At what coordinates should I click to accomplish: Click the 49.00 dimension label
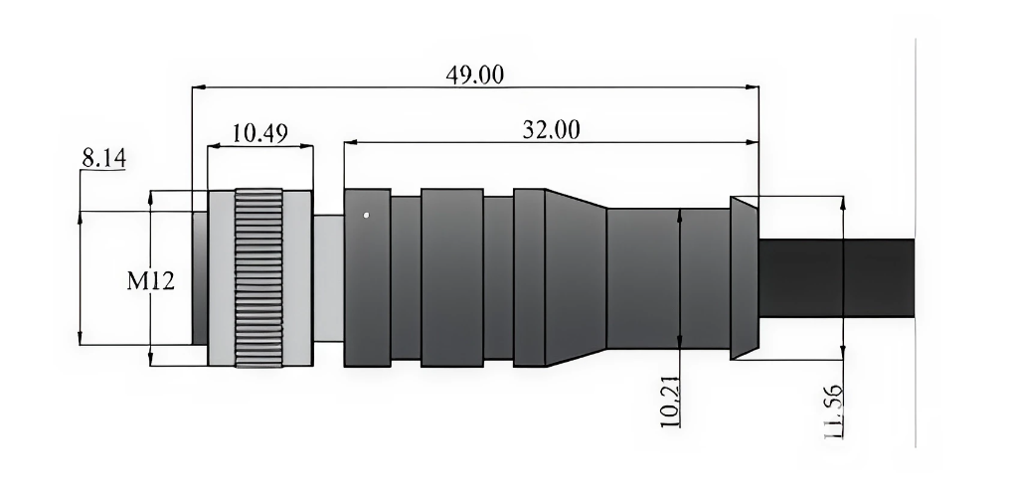click(x=474, y=75)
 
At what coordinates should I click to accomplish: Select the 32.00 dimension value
click(x=551, y=130)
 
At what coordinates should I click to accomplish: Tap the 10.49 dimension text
click(x=259, y=134)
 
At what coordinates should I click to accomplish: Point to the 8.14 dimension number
click(x=103, y=158)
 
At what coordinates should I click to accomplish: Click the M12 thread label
click(x=151, y=281)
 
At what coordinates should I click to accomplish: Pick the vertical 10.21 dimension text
click(x=671, y=402)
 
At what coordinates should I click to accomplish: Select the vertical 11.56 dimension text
click(x=833, y=411)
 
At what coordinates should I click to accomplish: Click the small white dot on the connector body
click(x=366, y=215)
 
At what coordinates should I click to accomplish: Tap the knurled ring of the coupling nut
click(x=258, y=278)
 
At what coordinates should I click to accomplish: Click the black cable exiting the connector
click(x=836, y=278)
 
